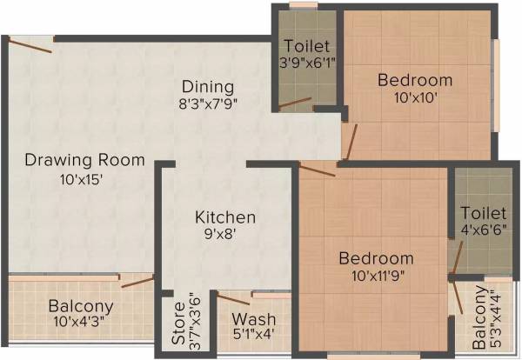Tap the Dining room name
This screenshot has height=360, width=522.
coord(208,86)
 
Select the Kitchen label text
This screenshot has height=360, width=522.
coord(225,217)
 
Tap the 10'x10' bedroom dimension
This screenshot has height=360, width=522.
coord(415,97)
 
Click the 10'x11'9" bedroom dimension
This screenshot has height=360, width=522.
coord(376,276)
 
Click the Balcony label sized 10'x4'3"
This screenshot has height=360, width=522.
coord(81,306)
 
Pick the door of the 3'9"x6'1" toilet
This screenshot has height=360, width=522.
coord(295,104)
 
